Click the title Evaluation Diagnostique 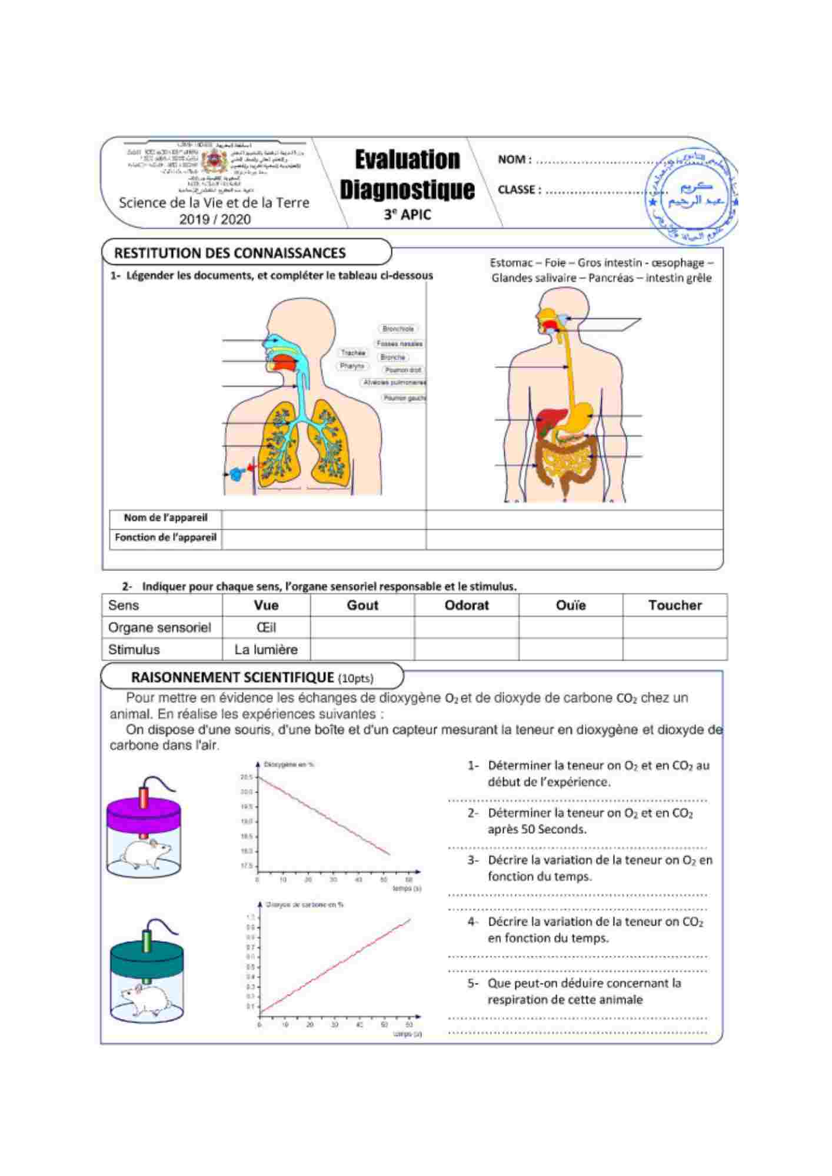click(407, 175)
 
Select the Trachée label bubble click(353, 353)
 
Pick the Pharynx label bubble click(352, 366)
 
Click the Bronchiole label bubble click(398, 329)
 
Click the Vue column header click(266, 605)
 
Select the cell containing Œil click(266, 627)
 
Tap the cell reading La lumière click(266, 650)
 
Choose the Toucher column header click(674, 605)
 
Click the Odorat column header click(466, 605)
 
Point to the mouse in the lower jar click(145, 999)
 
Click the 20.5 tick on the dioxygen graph click(247, 777)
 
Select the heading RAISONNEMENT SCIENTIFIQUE click(232, 677)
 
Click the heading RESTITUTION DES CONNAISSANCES click(229, 253)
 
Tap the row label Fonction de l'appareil click(165, 537)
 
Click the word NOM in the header click(514, 159)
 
